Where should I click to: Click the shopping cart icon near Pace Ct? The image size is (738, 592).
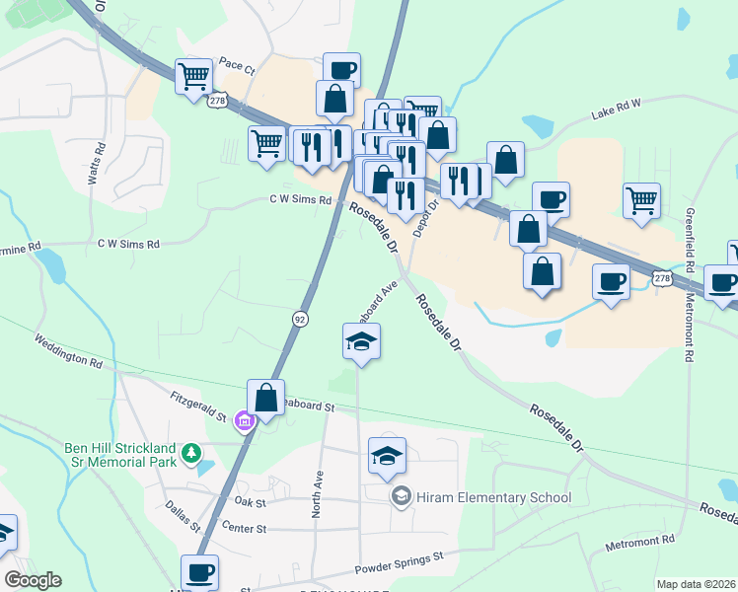click(x=193, y=75)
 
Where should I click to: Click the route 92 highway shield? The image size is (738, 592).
click(x=300, y=318)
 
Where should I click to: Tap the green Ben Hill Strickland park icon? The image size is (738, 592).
click(x=190, y=456)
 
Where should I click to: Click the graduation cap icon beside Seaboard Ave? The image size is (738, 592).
click(x=361, y=341)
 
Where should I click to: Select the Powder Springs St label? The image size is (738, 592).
click(x=399, y=564)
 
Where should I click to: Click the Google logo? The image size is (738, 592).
click(x=33, y=580)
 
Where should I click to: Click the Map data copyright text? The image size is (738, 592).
click(x=696, y=584)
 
